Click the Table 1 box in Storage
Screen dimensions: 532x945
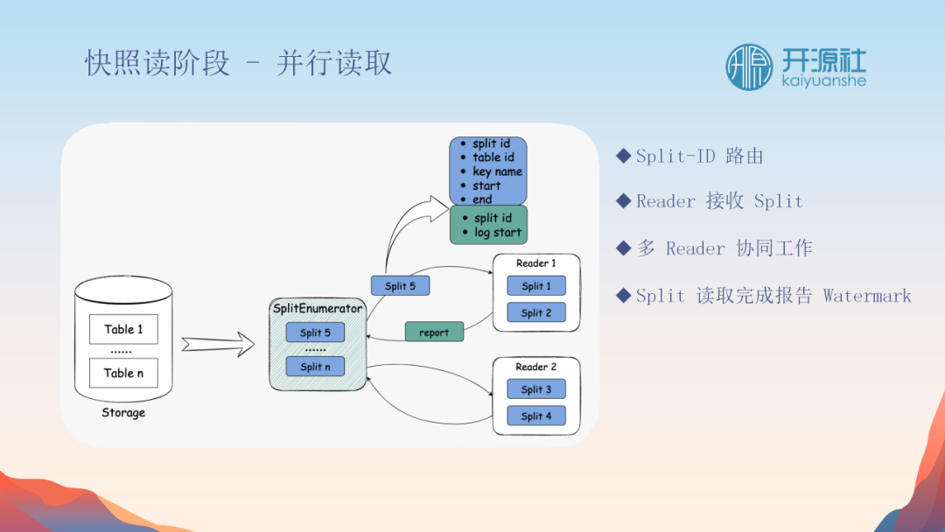coord(123,329)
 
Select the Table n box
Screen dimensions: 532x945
coord(123,373)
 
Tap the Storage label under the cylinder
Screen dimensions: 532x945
coord(123,413)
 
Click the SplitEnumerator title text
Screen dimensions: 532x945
coord(318,309)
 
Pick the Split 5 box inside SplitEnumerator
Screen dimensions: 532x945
coord(315,332)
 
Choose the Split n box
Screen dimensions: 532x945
coord(315,367)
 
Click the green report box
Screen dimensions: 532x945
coord(434,332)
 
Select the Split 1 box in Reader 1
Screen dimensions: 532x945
coord(536,286)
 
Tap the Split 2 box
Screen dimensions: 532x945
coord(536,312)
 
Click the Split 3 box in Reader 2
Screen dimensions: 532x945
coord(536,389)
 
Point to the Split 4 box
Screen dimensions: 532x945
coord(536,416)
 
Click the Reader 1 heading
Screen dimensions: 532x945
coord(536,263)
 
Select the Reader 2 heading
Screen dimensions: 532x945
coord(536,367)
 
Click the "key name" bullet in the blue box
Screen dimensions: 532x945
coord(497,171)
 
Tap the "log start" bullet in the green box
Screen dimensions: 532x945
coord(497,233)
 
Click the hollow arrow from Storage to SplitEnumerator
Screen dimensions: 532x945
coord(217,345)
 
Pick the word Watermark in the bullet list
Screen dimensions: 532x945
coord(867,296)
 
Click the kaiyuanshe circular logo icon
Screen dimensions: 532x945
coord(749,67)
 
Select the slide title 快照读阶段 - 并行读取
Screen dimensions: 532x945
coord(239,64)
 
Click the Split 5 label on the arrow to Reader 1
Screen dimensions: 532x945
coord(400,286)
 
